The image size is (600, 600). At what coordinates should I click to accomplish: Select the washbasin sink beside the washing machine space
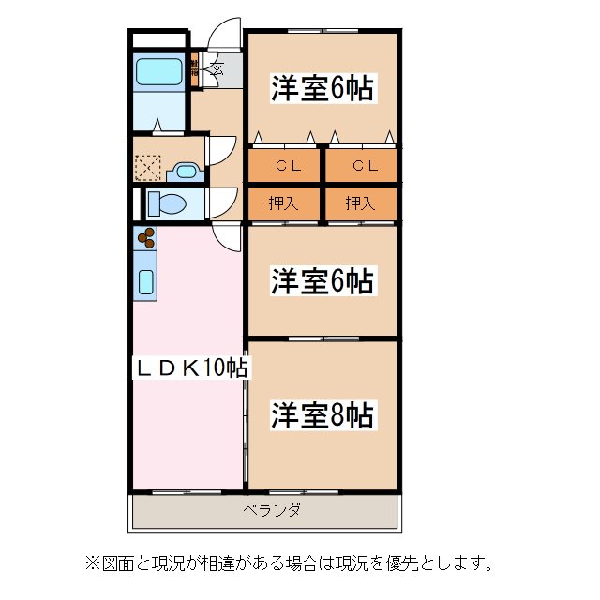pos(186,172)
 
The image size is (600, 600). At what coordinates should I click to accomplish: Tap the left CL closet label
pos(285,166)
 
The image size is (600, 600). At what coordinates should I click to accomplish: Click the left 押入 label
pos(284,202)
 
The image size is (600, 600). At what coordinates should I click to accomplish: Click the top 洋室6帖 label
pos(322,89)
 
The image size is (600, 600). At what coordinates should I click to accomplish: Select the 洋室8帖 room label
pos(322,413)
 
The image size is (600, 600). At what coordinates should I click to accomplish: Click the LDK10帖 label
pos(187,367)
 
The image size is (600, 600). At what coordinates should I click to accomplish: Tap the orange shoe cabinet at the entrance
pos(195,71)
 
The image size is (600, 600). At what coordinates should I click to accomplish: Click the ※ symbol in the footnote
pos(92,563)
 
